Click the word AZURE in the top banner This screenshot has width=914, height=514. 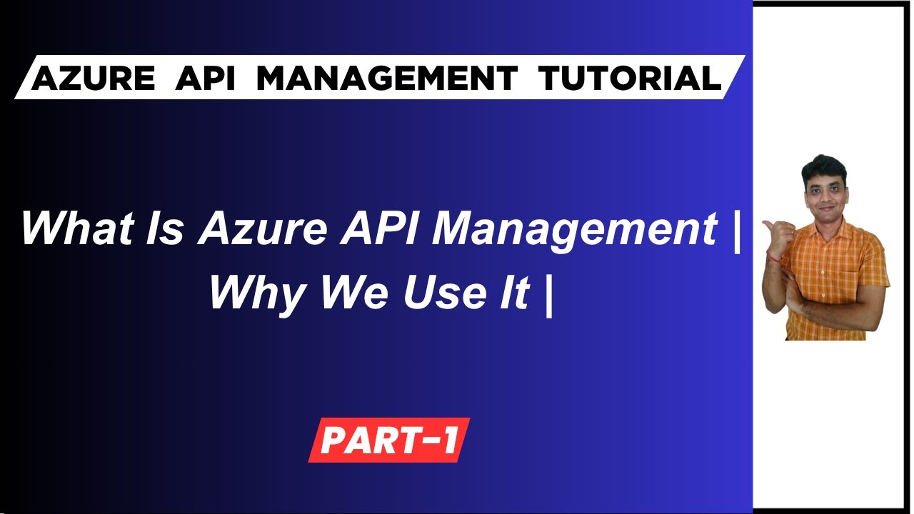[93, 78]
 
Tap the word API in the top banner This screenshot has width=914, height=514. [205, 78]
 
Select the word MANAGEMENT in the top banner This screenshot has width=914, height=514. [387, 78]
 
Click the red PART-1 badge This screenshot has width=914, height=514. [389, 440]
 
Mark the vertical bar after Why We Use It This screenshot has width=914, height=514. [548, 293]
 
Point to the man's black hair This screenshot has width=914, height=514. [823, 166]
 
